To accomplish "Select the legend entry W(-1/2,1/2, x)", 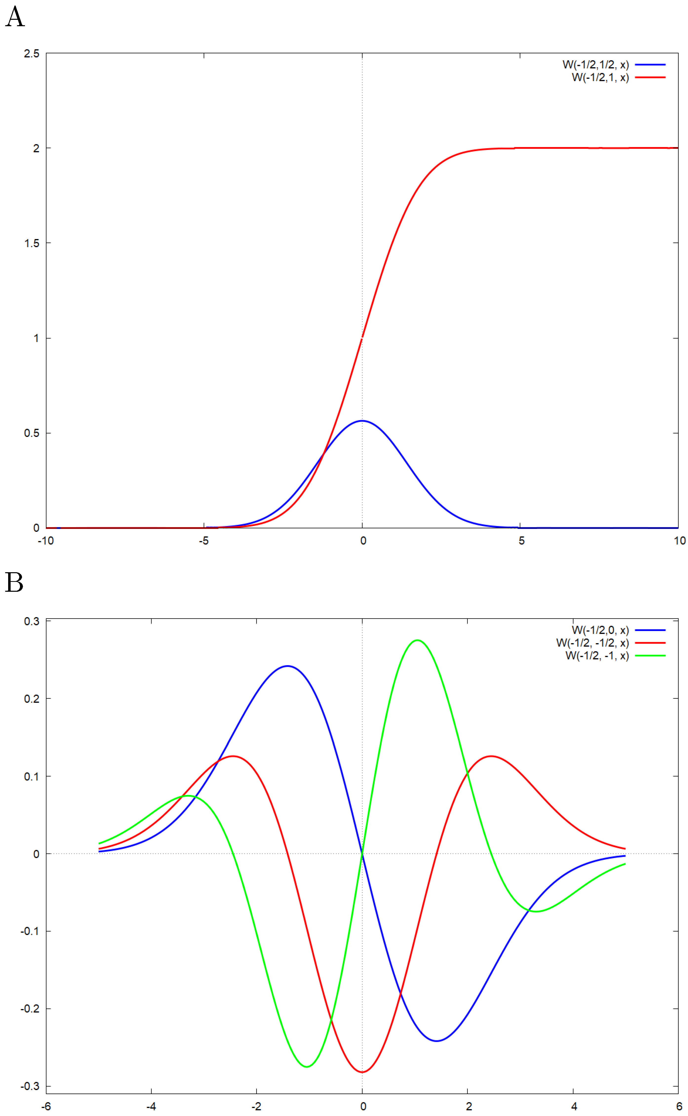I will (x=595, y=65).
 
